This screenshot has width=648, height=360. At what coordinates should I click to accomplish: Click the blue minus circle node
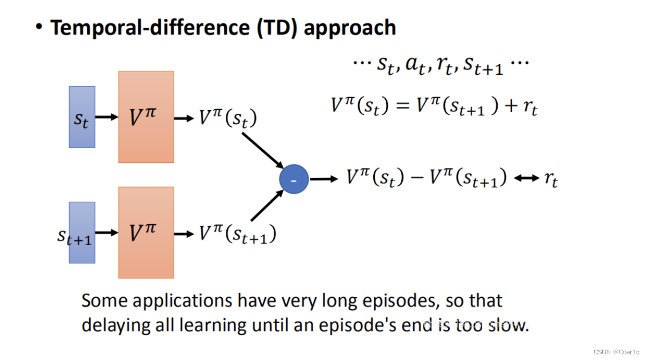click(x=294, y=179)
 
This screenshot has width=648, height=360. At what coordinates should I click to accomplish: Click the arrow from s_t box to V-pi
click(x=106, y=118)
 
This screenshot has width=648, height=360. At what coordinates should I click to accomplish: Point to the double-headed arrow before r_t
click(x=526, y=179)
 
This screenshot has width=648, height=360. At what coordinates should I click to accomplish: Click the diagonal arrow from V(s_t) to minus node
click(x=263, y=151)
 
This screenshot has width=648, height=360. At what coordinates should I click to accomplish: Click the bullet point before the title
click(x=39, y=27)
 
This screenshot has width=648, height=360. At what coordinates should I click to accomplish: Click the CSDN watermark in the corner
click(x=618, y=352)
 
